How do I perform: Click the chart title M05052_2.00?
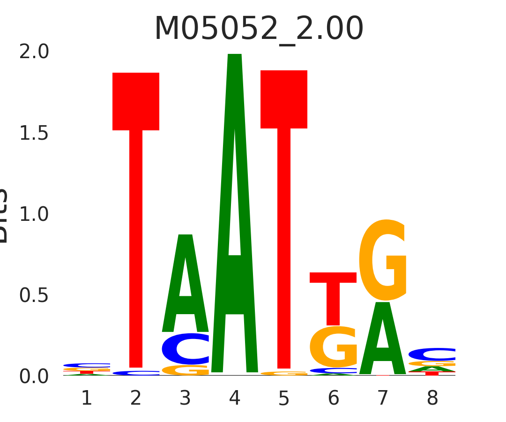tap(259, 29)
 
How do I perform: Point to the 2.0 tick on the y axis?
tap(34, 52)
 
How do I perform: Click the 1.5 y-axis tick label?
tap(34, 133)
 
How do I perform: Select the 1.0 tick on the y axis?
tap(34, 214)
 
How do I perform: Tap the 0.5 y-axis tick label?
tap(34, 295)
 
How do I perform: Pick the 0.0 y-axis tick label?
tap(34, 377)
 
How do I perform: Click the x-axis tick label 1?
tap(87, 399)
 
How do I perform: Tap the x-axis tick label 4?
tap(235, 399)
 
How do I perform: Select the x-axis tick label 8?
tap(432, 399)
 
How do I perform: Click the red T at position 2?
tap(136, 188)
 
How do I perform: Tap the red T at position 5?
tap(284, 188)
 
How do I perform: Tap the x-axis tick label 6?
tap(334, 399)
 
